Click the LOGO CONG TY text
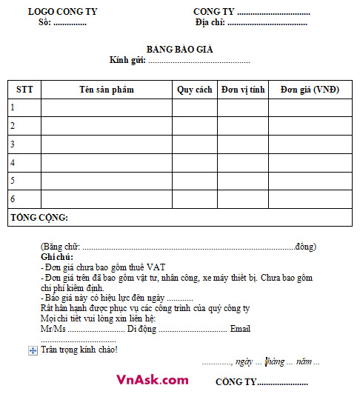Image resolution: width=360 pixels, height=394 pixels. point(62,12)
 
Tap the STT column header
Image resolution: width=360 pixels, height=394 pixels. point(24,90)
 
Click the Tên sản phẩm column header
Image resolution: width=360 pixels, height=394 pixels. point(107,90)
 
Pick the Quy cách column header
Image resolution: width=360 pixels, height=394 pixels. point(195,90)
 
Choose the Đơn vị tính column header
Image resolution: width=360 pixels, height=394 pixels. point(243,90)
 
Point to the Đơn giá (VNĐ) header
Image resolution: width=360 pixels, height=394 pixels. point(310,90)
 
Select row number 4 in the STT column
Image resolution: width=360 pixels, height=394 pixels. point(13,162)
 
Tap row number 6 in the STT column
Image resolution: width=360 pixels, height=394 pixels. point(13,198)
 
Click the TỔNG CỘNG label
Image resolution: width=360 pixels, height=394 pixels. point(39,218)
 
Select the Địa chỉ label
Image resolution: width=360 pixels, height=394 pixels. point(210,23)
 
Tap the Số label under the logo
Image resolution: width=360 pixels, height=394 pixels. point(45,23)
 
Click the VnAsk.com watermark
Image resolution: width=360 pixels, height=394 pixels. point(152,379)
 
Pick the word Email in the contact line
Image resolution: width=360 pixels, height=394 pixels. point(241,328)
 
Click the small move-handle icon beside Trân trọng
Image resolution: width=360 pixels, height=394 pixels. point(33,350)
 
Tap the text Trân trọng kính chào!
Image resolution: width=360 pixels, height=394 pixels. point(79,350)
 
